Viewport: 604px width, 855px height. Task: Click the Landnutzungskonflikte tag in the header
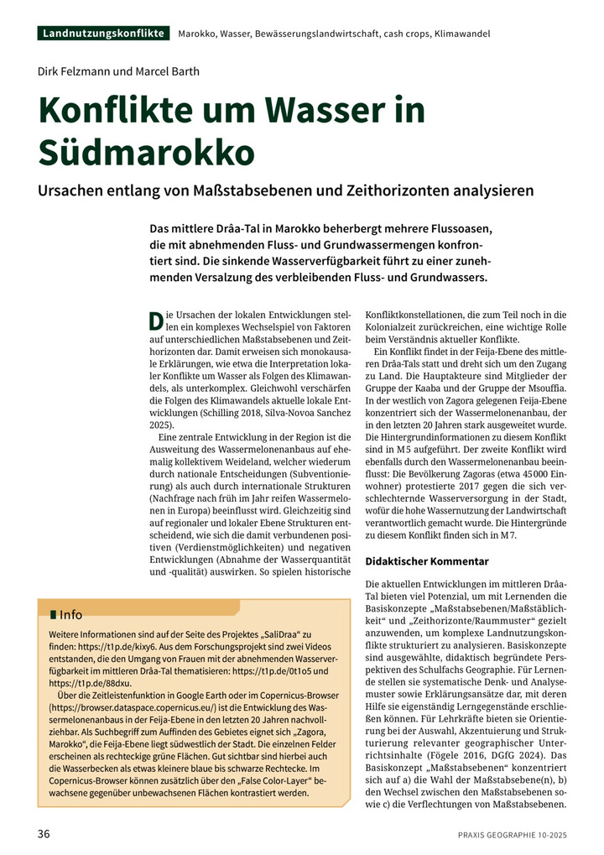tap(104, 34)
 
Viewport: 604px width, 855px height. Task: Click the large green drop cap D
tap(154, 320)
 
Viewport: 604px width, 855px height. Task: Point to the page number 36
tap(44, 834)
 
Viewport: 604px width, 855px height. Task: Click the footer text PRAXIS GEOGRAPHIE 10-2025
tap(513, 835)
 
